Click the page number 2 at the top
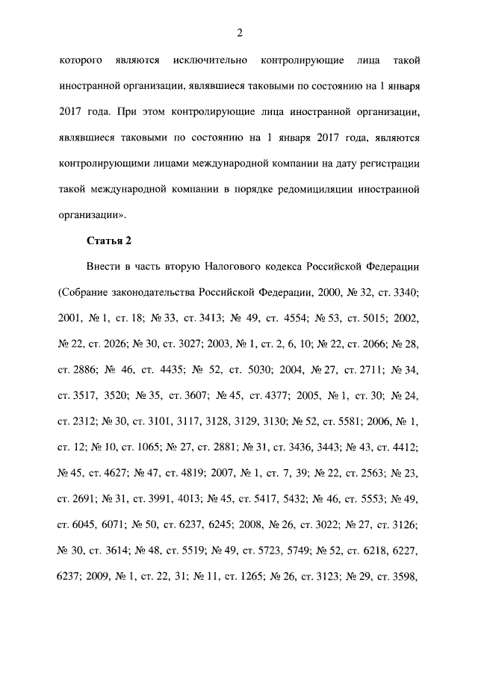pos(239,33)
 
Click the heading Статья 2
pos(110,241)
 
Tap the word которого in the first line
pos(80,59)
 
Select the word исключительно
pos(204,59)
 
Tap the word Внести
pos(105,267)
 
